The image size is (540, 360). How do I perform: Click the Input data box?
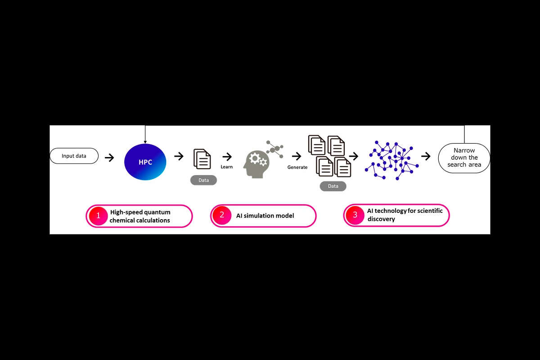[74, 156]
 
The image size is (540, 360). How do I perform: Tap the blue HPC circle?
[145, 162]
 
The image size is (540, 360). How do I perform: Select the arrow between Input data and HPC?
[109, 157]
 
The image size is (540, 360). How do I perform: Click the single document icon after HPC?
[202, 159]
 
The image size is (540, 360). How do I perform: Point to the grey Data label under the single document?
[203, 180]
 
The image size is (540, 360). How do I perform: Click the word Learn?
[227, 167]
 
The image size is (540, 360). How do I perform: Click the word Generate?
[297, 167]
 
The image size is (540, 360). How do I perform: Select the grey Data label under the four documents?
[333, 186]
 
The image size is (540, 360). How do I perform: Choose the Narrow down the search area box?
[464, 158]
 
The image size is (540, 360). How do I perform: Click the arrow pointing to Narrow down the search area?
[426, 157]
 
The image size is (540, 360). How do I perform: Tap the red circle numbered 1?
[96, 216]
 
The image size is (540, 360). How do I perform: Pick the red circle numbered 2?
[221, 215]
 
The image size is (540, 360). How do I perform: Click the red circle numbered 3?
[355, 215]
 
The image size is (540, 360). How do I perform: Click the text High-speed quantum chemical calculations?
[140, 216]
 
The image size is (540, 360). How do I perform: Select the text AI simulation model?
[265, 216]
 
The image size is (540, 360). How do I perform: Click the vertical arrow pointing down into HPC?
[145, 135]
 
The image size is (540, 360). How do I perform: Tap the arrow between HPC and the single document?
[179, 156]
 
